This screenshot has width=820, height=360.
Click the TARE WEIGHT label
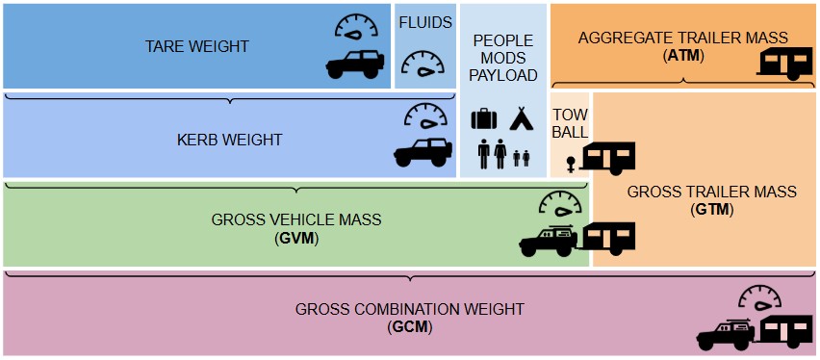point(196,46)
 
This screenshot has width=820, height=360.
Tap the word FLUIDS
point(424,23)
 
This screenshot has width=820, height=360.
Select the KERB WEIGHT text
point(229,141)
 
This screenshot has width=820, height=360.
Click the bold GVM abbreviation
point(296,237)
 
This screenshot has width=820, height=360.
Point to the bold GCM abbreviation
point(410,326)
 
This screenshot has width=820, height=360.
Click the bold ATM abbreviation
point(683,55)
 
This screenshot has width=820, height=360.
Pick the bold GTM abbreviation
point(711,209)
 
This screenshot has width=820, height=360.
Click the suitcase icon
point(483,119)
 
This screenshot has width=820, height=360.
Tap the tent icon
point(521,118)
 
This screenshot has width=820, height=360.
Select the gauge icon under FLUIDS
point(424,65)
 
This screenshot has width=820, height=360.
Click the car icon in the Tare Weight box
point(354,64)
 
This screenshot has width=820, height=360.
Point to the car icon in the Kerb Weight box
point(423,152)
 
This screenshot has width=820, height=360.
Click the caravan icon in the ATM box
point(787,63)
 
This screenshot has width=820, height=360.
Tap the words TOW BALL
point(570,123)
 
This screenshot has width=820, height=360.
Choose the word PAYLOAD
point(502,75)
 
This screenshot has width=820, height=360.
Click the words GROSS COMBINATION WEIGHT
point(409,309)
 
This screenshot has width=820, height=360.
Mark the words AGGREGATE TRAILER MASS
point(683,39)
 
